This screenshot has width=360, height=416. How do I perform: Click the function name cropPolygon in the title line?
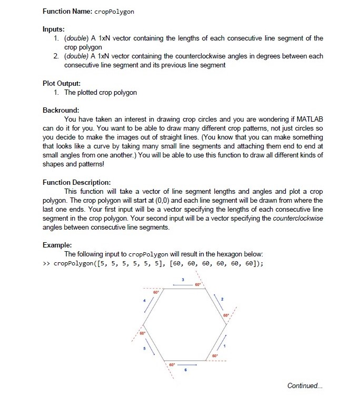tap(114, 11)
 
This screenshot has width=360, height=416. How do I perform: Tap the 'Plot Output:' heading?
tap(62, 83)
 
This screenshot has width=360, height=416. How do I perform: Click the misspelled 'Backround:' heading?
tap(61, 111)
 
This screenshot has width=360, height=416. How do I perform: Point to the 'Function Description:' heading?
tap(76, 182)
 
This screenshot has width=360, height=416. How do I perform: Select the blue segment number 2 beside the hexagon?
tap(223, 300)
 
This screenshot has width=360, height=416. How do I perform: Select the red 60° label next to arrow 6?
tap(172, 364)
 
